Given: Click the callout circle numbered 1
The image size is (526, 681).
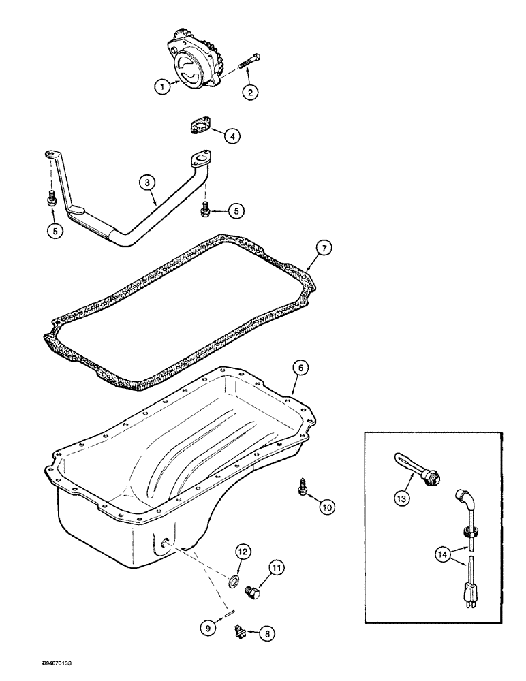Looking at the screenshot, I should tap(161, 87).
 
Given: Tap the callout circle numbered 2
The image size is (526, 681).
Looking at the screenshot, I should tap(252, 94).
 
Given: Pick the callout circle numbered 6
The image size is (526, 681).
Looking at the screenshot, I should tap(301, 368).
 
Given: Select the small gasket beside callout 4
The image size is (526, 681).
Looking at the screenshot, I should tap(198, 128).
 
